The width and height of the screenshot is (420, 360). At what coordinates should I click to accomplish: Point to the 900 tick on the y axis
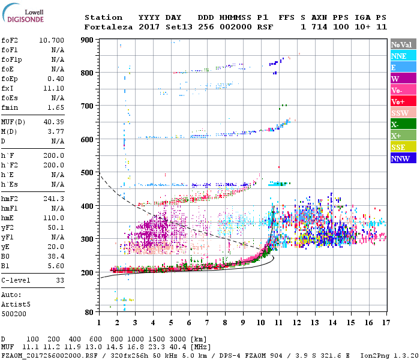pos(88,40)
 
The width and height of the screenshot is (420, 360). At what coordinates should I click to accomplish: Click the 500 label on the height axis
pos(88,173)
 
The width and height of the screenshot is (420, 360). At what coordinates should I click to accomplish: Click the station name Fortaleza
pos(108,27)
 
